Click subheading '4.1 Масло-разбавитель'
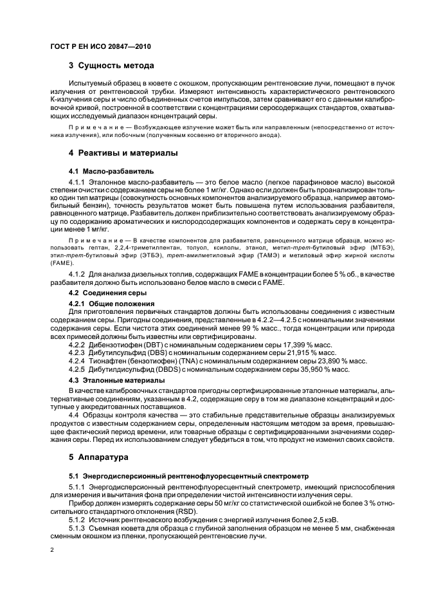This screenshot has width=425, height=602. pyautogui.click(x=111, y=172)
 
